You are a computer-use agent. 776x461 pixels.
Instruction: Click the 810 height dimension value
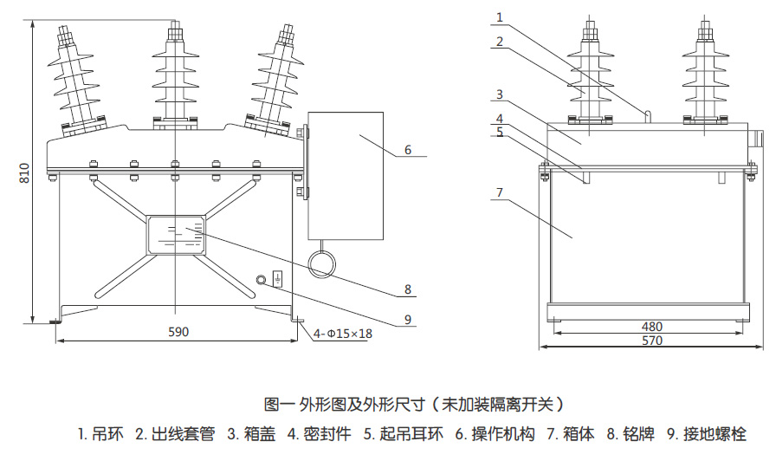point(25,172)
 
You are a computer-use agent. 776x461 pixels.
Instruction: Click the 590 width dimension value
point(178,332)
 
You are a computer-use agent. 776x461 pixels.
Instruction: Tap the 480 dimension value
point(652,327)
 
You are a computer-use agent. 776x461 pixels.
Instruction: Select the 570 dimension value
point(652,341)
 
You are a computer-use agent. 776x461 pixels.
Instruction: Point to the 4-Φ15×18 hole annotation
point(342,334)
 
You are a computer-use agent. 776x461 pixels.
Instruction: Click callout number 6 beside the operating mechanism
point(408,150)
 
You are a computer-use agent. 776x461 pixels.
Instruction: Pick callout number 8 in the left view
point(408,289)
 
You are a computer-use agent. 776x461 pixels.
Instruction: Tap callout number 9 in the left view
point(408,320)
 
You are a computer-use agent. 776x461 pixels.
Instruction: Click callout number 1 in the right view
point(500,17)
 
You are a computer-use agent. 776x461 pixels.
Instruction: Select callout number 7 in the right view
point(500,192)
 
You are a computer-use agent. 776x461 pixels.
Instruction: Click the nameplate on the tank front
point(176,235)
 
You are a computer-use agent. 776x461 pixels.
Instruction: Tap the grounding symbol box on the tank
point(278,280)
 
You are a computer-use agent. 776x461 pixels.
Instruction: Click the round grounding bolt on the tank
point(262,280)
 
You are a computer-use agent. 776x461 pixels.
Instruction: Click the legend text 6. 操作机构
point(495,434)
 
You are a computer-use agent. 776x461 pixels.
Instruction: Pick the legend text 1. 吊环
point(100,434)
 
